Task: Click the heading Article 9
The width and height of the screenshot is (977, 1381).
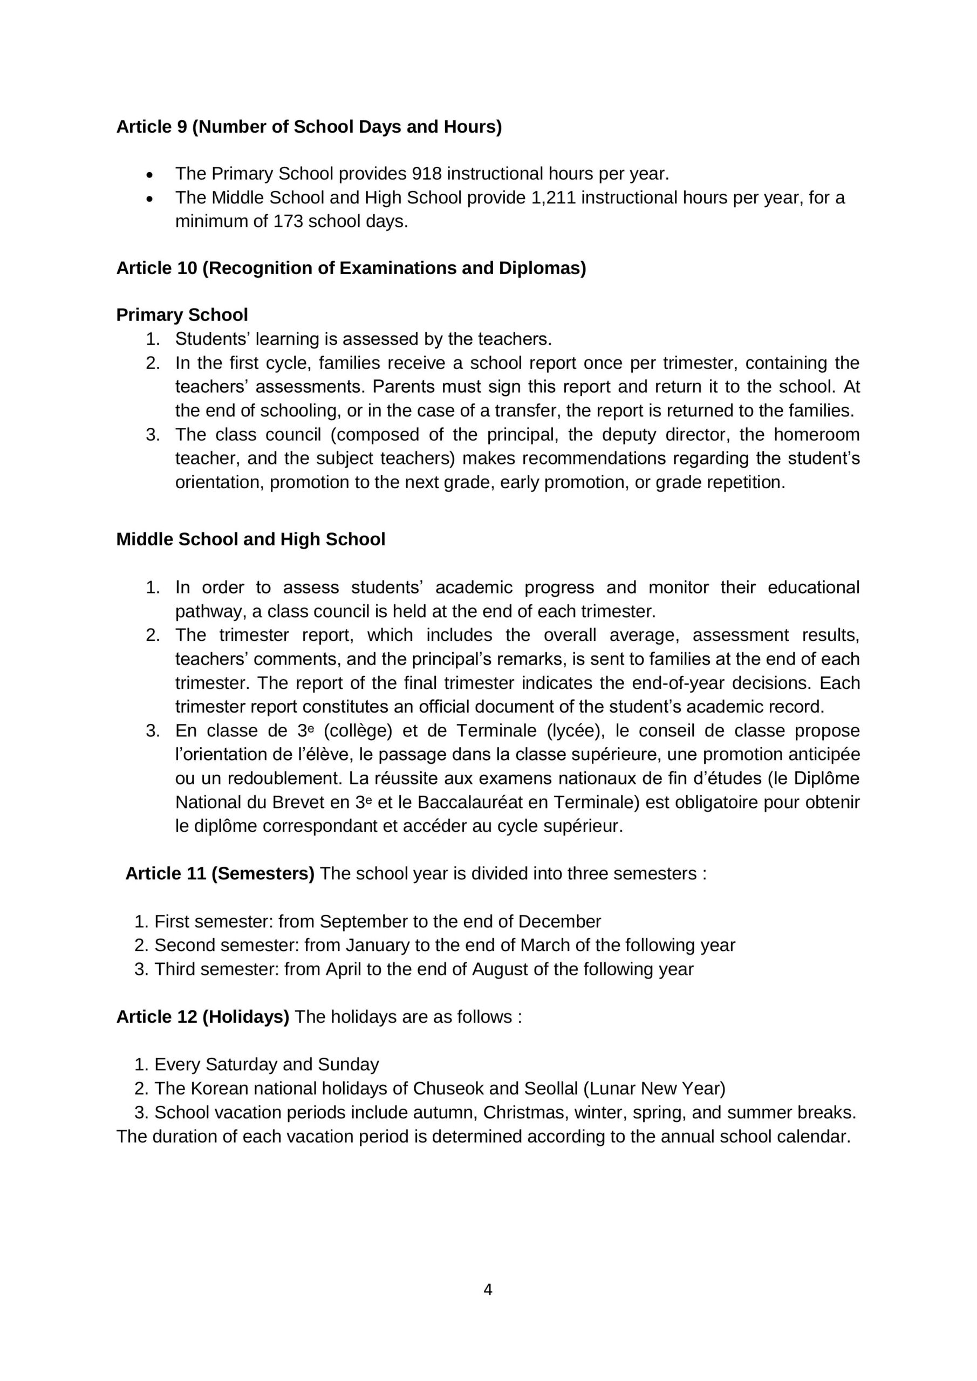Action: tap(309, 127)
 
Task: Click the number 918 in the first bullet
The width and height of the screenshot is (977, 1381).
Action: tap(427, 174)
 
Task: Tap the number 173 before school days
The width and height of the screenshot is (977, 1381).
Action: tap(288, 221)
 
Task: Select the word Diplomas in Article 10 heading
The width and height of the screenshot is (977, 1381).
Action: tap(542, 268)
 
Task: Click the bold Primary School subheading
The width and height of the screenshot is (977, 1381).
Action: tap(182, 315)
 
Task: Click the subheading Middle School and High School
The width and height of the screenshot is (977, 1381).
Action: tap(250, 539)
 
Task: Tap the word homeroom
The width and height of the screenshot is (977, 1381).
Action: tap(816, 434)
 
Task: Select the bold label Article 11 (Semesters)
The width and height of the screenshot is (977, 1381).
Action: tap(220, 873)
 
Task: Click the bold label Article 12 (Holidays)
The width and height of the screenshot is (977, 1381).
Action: tap(203, 1016)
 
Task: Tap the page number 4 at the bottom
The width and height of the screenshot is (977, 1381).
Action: tap(488, 1290)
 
